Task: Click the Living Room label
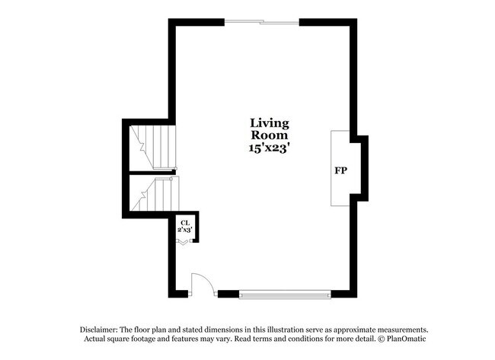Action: point(270,129)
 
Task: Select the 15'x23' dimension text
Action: point(270,148)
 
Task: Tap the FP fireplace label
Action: point(340,169)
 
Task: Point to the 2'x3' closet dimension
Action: point(184,229)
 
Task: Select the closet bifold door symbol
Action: point(184,242)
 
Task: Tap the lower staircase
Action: point(155,196)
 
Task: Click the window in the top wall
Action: point(262,22)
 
